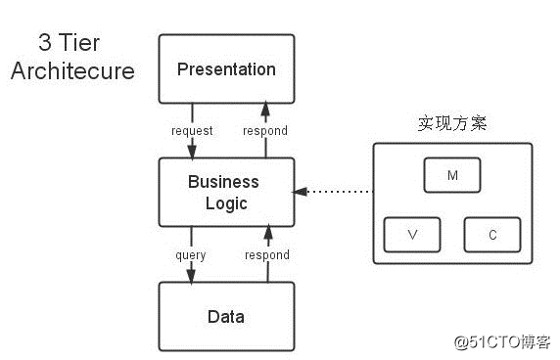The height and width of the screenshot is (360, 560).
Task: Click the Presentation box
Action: point(226,68)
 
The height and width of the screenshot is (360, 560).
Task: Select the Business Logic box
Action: point(226,192)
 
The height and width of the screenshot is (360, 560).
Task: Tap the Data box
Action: point(226,316)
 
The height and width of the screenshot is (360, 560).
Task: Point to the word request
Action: point(192,130)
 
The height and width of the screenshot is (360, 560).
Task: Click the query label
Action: point(190,254)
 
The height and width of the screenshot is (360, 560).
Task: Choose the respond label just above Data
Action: point(267,254)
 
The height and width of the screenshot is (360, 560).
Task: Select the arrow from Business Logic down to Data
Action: point(192,269)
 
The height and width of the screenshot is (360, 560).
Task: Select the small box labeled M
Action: point(451,175)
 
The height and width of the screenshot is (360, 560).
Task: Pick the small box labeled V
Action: point(412,236)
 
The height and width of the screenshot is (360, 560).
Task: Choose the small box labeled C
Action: point(491,236)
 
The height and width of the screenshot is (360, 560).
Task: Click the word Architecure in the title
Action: point(72,72)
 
